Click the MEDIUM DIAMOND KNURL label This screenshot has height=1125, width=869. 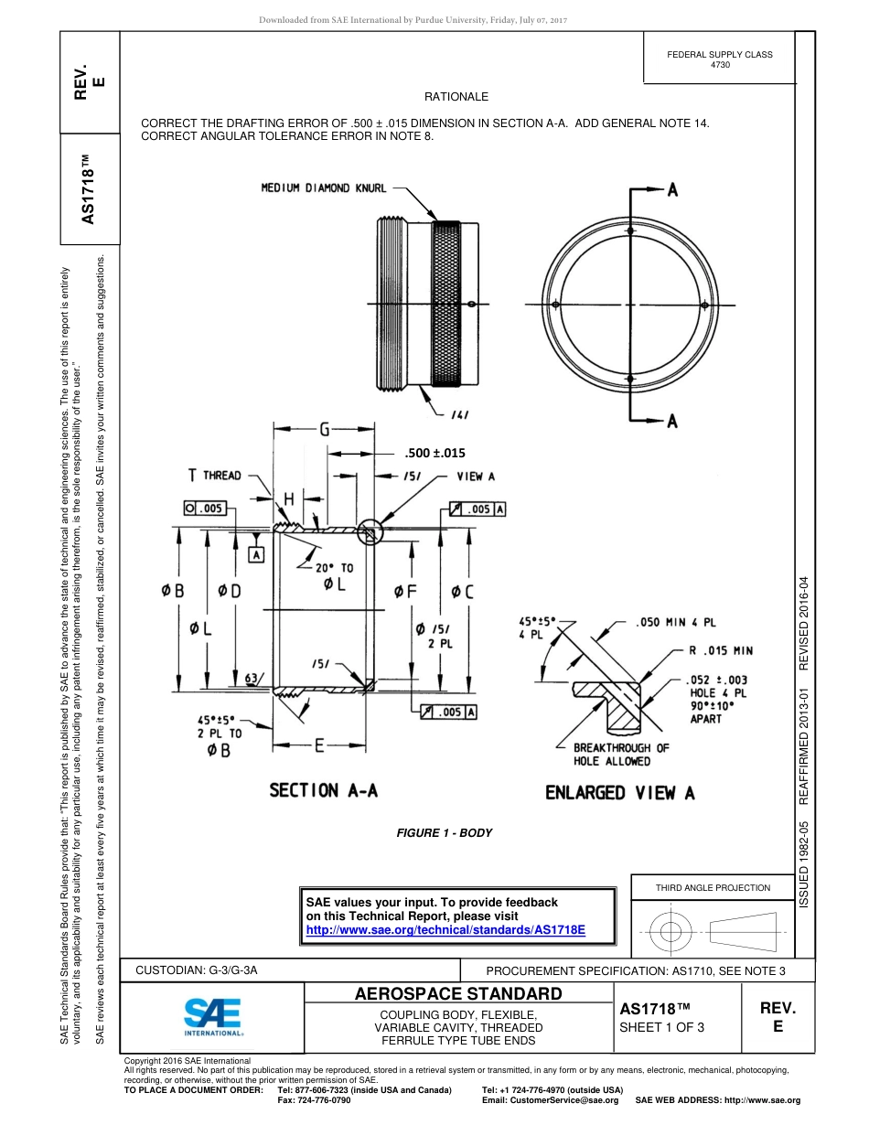(324, 188)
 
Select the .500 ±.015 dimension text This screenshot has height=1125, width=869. (434, 452)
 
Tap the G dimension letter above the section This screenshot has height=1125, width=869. (325, 428)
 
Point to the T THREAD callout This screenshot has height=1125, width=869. (215, 475)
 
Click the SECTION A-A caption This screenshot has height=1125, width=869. (323, 791)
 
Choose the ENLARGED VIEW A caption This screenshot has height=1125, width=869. (619, 793)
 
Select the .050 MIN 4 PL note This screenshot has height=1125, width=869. (676, 622)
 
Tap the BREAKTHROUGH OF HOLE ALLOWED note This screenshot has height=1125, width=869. (621, 754)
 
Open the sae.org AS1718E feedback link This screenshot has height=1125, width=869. (445, 929)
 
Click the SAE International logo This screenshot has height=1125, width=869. (213, 1016)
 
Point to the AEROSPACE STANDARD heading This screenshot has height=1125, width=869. (458, 994)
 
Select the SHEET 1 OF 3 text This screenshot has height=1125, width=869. (662, 1026)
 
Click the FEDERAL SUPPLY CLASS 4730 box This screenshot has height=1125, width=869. (719, 59)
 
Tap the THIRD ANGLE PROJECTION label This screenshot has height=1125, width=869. (713, 887)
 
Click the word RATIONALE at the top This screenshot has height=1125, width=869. (456, 97)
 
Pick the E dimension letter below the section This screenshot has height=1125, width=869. (320, 745)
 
